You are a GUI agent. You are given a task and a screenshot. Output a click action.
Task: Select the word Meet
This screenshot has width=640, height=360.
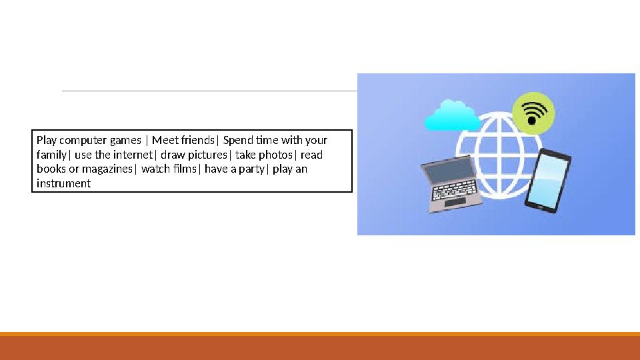tap(164, 141)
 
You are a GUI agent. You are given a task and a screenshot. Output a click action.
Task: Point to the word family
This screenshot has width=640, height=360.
tap(51, 155)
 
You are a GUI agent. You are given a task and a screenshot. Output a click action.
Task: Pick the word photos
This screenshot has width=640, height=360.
tap(278, 155)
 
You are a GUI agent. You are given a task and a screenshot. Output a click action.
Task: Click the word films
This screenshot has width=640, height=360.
tap(185, 169)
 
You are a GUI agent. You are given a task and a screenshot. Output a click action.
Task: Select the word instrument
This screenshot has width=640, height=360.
tap(63, 183)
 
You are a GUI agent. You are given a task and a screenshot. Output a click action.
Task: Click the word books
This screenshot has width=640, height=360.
tap(51, 169)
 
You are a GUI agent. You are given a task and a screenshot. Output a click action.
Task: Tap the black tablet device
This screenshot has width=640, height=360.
tap(548, 180)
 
